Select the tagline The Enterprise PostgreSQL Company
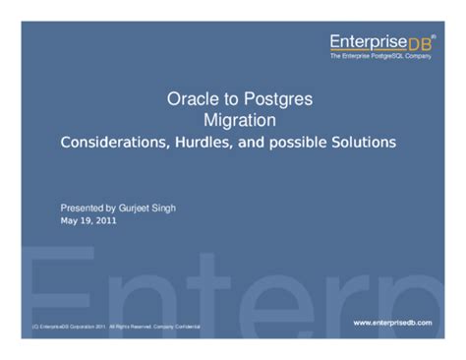click(379, 56)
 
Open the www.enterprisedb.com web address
click(391, 322)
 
